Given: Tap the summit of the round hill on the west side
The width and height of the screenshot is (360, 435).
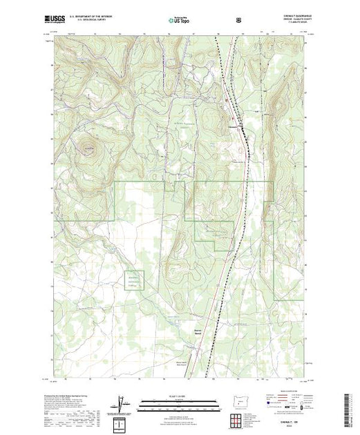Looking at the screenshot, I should (x=89, y=146).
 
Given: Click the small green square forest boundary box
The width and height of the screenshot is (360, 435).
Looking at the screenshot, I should (x=133, y=280).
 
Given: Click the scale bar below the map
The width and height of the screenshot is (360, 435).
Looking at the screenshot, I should (x=179, y=403).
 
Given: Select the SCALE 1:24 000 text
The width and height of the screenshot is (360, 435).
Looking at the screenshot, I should (x=179, y=396).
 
